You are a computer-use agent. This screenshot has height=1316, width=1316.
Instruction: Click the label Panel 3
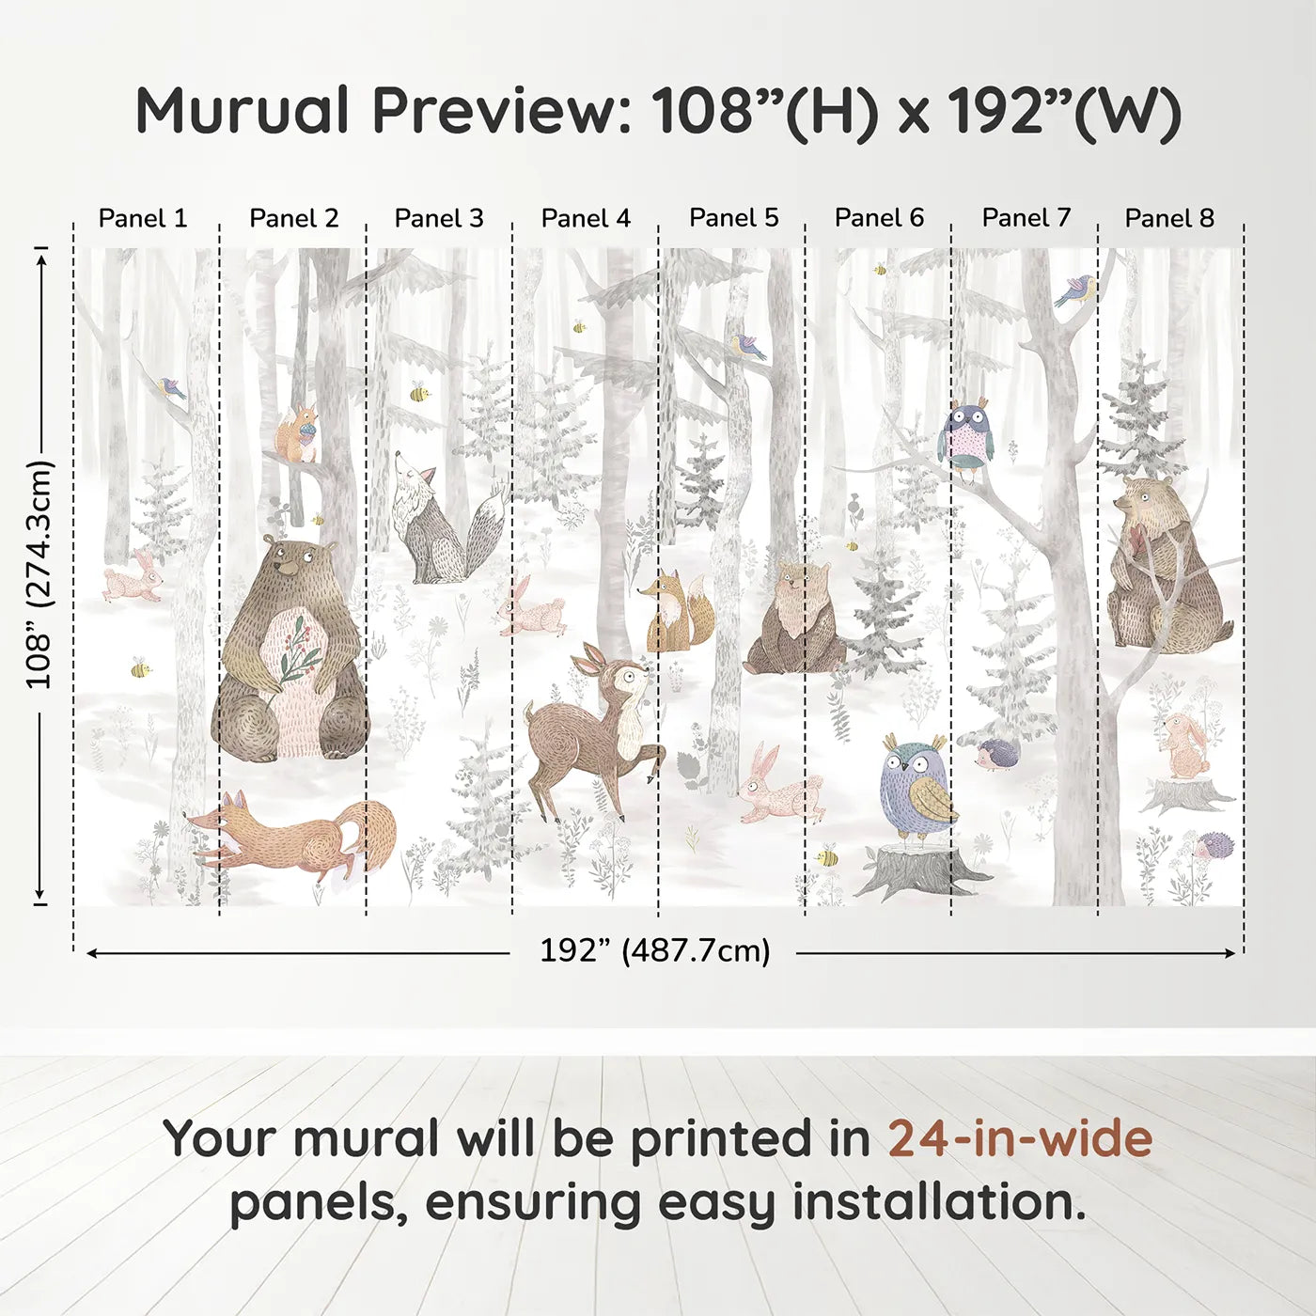click(439, 218)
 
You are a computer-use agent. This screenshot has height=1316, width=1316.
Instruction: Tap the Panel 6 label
click(879, 218)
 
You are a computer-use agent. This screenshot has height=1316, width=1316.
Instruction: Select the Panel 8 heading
click(1169, 218)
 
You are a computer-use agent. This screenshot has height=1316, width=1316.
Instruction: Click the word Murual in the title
click(243, 111)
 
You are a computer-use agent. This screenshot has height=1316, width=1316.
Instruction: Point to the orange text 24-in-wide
click(1020, 1138)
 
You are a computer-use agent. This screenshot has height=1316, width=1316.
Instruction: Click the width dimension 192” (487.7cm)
click(654, 951)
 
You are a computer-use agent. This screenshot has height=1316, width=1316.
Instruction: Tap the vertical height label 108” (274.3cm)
click(39, 575)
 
